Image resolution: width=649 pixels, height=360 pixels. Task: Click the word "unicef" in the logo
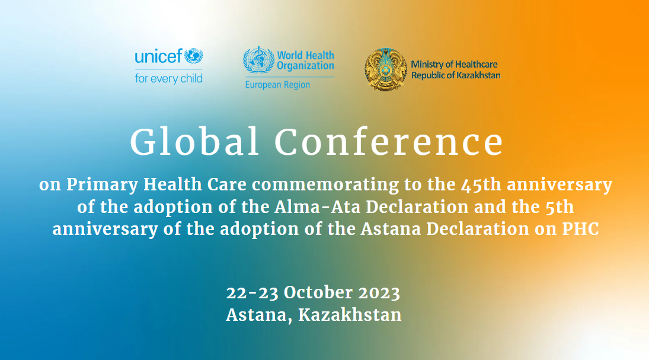(158, 56)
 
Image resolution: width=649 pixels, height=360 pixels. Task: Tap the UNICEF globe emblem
(193, 56)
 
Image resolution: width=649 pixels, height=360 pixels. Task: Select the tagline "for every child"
(169, 78)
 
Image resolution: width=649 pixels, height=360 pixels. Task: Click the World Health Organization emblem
(258, 60)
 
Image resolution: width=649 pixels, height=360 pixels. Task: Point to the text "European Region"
(278, 85)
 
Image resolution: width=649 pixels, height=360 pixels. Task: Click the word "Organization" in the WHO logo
(305, 66)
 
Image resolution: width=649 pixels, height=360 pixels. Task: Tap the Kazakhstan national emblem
(386, 69)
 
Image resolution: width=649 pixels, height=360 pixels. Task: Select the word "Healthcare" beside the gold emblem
(477, 64)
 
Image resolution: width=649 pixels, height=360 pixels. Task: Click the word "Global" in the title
(194, 142)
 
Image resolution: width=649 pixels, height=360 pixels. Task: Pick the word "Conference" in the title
(389, 142)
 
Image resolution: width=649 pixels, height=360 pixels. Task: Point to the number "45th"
(481, 184)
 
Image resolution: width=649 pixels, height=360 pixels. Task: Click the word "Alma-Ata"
(318, 207)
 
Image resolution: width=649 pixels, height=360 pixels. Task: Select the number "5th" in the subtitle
(560, 207)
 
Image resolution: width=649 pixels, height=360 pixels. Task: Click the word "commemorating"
(325, 185)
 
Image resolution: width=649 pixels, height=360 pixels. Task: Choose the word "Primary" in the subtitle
(102, 185)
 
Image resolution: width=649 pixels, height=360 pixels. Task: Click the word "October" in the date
(318, 292)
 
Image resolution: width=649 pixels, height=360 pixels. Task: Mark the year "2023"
(379, 292)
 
